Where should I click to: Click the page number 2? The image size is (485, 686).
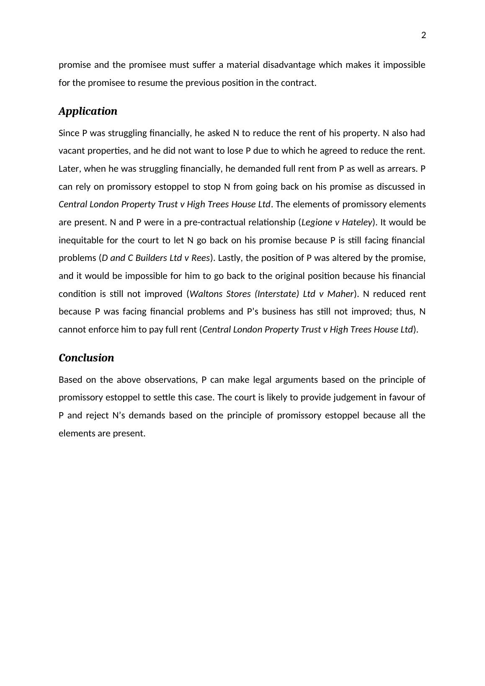[423, 36]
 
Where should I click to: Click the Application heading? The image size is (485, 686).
[88, 111]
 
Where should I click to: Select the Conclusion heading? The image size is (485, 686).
[86, 358]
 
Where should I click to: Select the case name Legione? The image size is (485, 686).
[317, 222]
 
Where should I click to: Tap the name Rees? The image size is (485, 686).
[200, 258]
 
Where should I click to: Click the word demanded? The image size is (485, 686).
[243, 169]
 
